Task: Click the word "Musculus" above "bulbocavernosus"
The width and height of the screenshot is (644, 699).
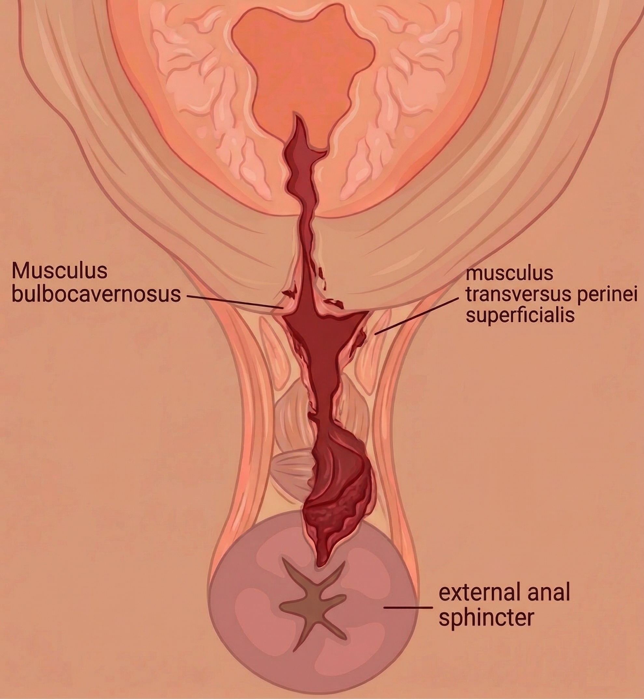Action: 60,271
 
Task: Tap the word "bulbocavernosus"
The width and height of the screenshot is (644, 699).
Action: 96,294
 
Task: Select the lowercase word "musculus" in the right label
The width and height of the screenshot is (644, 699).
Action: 509,274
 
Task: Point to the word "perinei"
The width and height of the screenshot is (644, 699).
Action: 606,295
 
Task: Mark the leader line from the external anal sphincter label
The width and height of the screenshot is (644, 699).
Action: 408,607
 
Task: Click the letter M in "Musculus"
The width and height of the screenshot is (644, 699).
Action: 20,271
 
